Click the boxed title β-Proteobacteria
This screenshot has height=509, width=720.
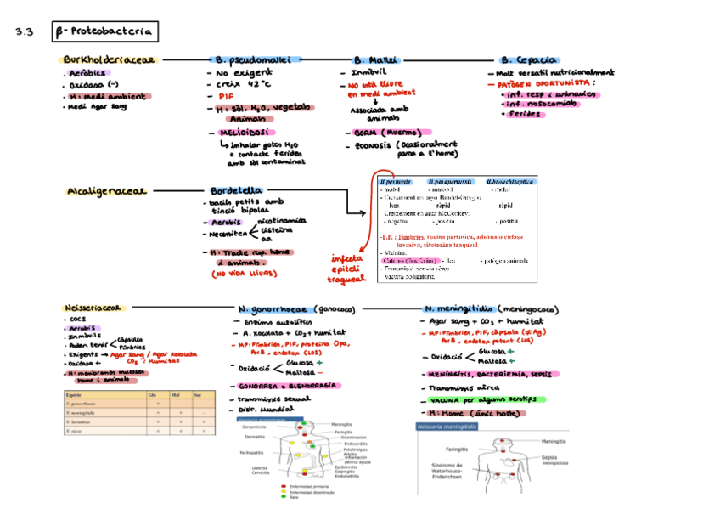(104, 32)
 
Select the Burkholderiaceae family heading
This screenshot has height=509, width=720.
(109, 60)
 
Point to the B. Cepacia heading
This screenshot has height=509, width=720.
(528, 60)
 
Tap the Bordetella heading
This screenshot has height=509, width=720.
(235, 191)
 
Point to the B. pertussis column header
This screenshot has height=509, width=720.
(396, 182)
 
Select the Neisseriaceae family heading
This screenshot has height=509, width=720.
(94, 307)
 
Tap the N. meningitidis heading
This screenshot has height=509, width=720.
(458, 308)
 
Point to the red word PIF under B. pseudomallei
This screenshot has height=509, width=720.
(226, 96)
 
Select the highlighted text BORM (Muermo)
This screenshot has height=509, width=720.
(382, 133)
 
